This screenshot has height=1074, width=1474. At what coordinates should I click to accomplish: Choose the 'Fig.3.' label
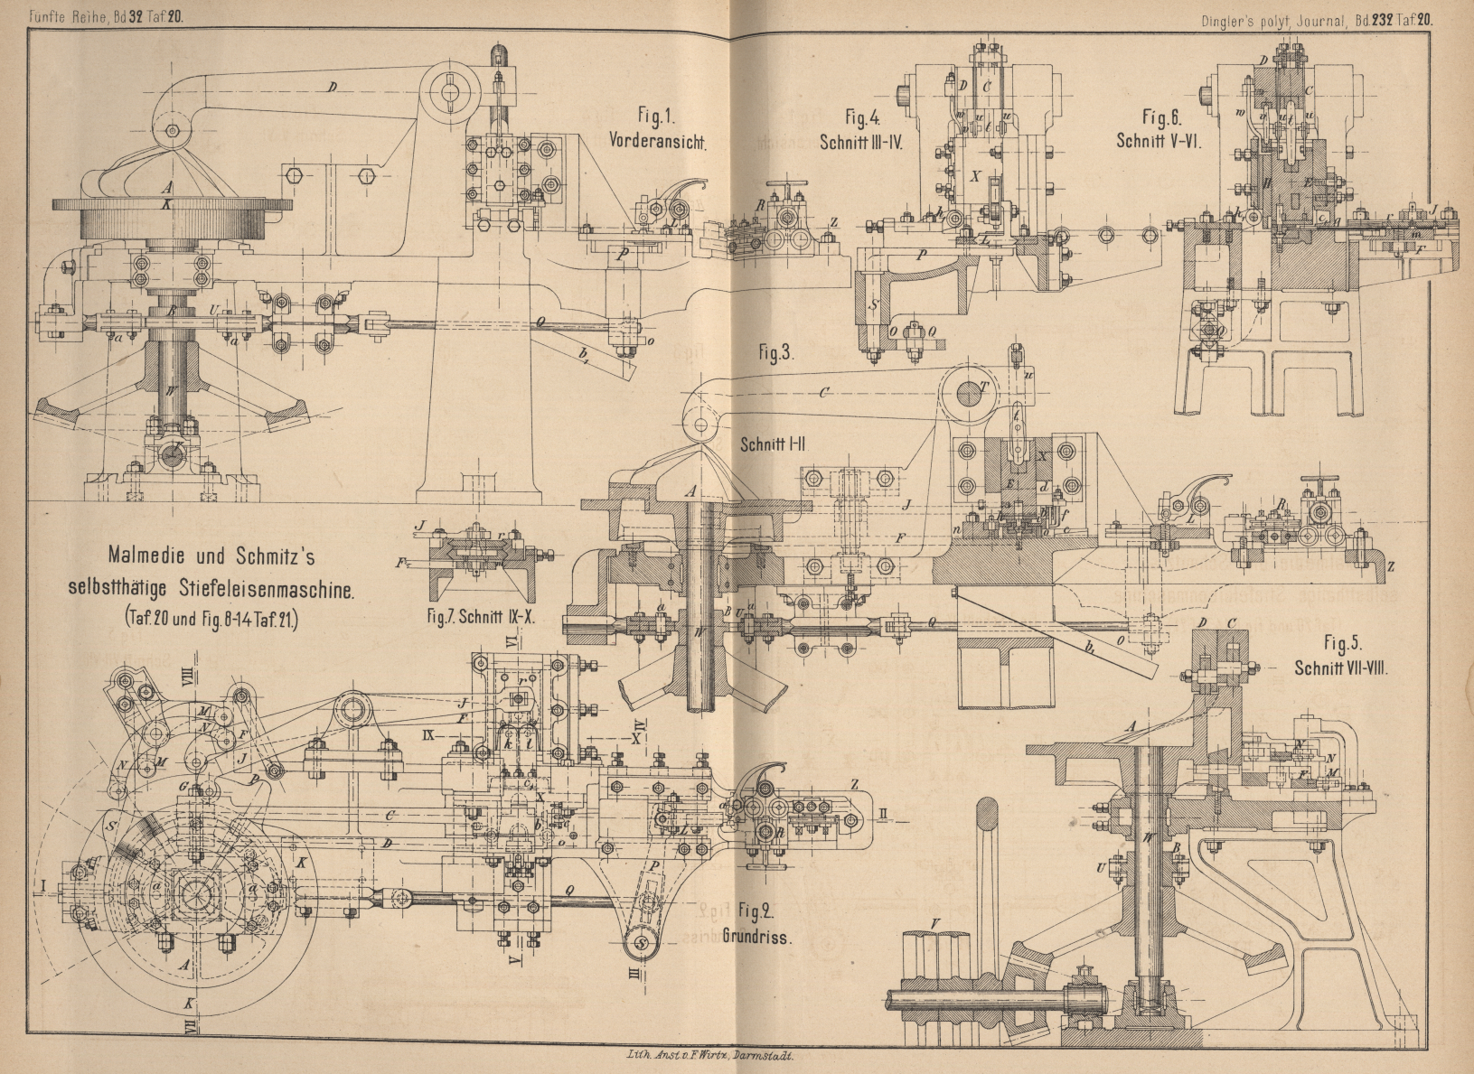(x=776, y=354)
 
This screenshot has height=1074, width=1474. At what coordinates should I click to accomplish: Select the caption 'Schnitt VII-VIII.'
(x=1340, y=669)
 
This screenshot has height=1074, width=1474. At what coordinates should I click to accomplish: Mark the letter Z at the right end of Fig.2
(x=854, y=786)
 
